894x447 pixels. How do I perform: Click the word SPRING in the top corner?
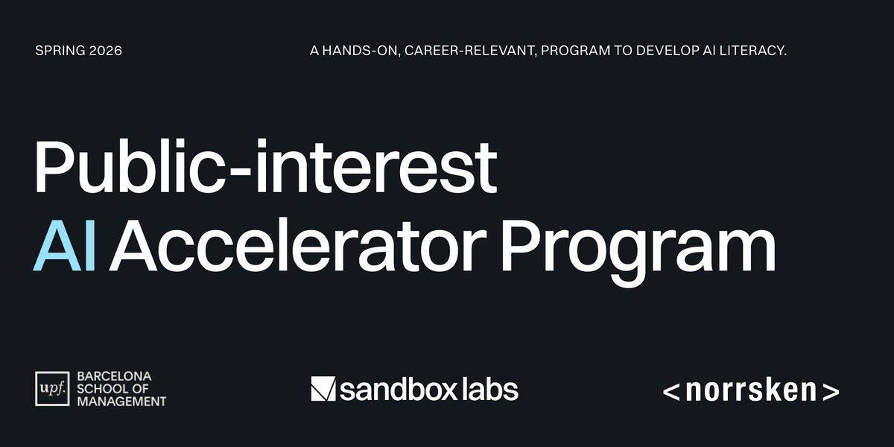tap(60, 51)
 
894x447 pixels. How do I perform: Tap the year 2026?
tap(106, 51)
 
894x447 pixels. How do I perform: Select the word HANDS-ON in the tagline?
tap(361, 51)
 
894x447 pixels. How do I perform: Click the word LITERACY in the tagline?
tap(753, 51)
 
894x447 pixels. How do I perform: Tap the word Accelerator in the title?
tap(298, 245)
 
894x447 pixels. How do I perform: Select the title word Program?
tap(638, 253)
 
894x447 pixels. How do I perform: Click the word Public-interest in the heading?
tap(266, 166)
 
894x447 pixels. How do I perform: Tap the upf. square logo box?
tap(52, 389)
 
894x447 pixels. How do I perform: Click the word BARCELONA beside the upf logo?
tap(114, 376)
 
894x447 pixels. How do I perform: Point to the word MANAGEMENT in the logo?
tap(121, 401)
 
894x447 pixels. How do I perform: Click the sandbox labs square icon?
tap(323, 389)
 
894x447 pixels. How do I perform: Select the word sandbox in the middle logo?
tap(399, 389)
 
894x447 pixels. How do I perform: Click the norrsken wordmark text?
tap(752, 390)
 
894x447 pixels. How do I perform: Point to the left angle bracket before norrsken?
tap(671, 393)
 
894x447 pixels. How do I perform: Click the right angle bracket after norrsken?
tap(831, 393)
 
